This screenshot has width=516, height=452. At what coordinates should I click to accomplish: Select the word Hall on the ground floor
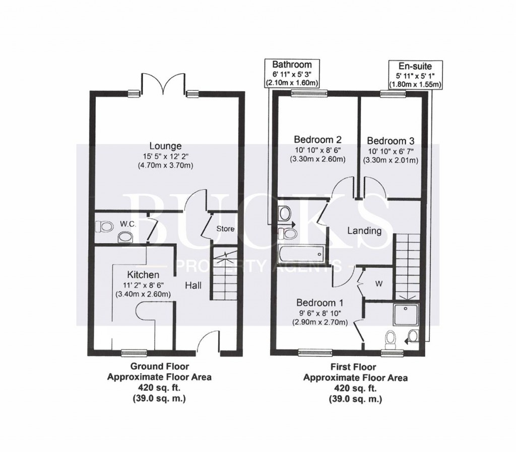click(193, 286)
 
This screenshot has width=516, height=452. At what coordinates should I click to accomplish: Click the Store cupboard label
click(225, 229)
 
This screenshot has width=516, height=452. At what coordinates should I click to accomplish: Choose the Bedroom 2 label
click(314, 140)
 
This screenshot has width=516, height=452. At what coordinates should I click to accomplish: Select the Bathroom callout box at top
click(292, 74)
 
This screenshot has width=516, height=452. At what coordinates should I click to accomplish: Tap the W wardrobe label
click(378, 284)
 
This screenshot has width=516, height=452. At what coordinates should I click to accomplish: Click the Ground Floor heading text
click(160, 367)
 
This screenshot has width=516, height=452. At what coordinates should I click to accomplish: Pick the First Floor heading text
click(355, 367)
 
